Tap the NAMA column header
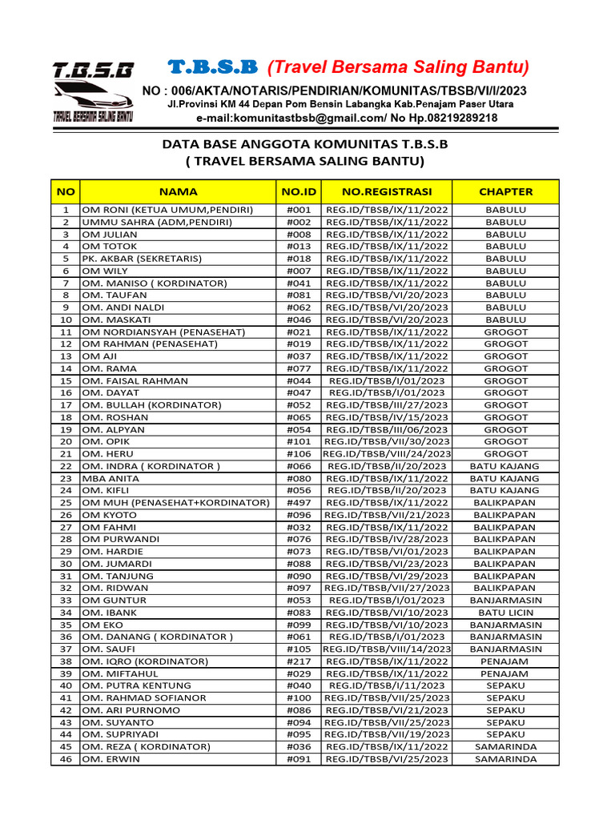coord(178,191)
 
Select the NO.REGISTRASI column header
coord(387,191)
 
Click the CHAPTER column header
coord(505,191)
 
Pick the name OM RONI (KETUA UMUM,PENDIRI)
coord(167,210)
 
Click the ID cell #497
coord(299,503)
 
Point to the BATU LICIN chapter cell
coord(505,613)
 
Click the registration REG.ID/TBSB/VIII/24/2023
coord(387,454)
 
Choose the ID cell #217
coord(299,661)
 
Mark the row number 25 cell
coord(66,503)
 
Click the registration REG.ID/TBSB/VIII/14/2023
coord(387,649)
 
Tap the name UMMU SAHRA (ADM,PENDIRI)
coord(156,222)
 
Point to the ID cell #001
coord(299,210)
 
